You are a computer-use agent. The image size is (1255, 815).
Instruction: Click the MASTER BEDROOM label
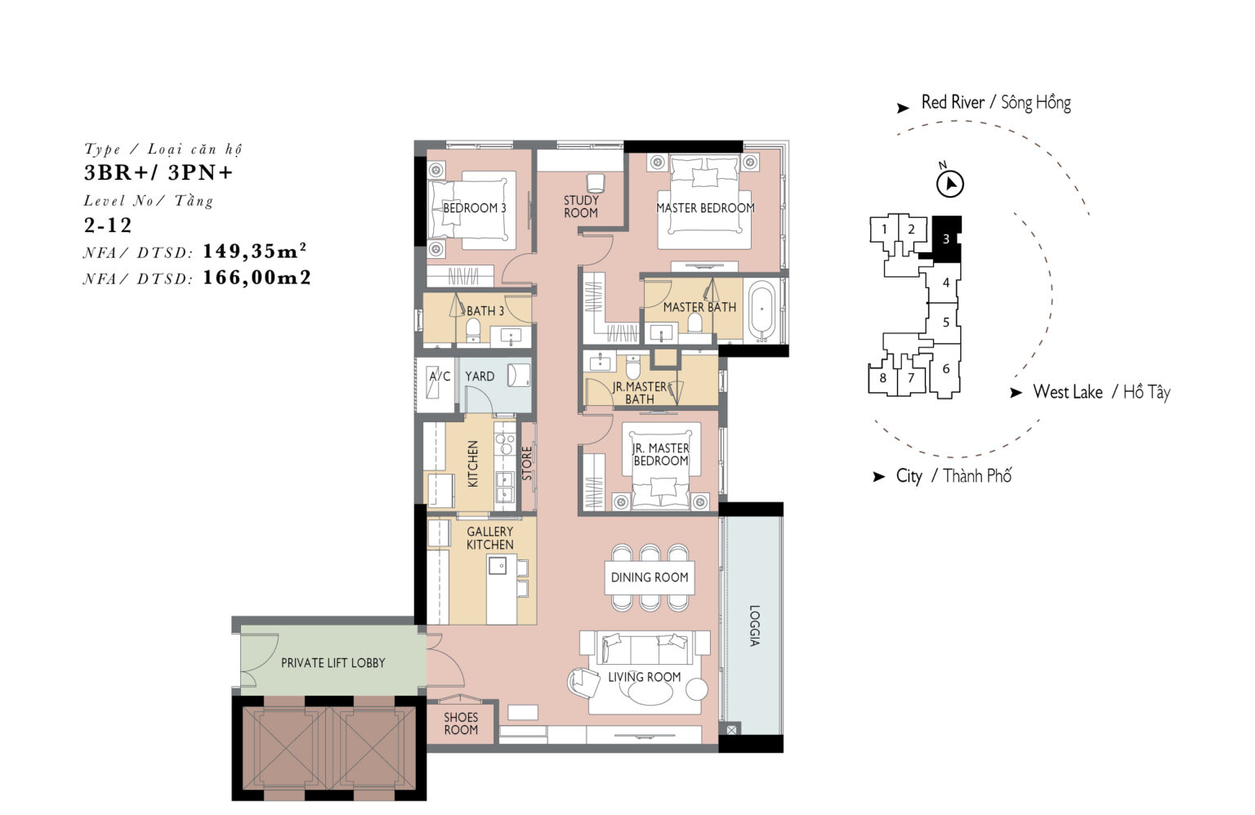705,207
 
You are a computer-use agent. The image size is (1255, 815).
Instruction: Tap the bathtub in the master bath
762,311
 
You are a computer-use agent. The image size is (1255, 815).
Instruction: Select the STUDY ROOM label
581,206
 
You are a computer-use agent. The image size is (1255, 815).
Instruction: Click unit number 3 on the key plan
945,239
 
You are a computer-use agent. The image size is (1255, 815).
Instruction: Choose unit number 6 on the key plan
945,368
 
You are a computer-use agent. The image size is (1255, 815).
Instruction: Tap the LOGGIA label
755,626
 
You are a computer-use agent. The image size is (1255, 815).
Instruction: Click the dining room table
650,577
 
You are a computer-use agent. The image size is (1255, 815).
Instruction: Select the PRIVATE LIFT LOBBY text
333,663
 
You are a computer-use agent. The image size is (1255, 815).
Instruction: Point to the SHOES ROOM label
461,724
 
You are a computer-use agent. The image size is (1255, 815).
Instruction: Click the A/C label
440,376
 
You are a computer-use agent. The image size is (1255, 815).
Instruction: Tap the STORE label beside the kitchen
527,463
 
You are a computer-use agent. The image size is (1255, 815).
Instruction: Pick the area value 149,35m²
254,251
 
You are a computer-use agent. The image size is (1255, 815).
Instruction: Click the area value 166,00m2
257,278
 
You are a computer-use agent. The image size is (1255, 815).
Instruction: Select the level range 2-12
108,225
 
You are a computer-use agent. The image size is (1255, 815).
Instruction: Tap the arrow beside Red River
903,108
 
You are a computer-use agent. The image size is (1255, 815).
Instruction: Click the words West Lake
1067,392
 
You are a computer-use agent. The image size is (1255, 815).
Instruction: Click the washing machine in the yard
519,376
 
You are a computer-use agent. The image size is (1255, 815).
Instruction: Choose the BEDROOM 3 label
475,207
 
